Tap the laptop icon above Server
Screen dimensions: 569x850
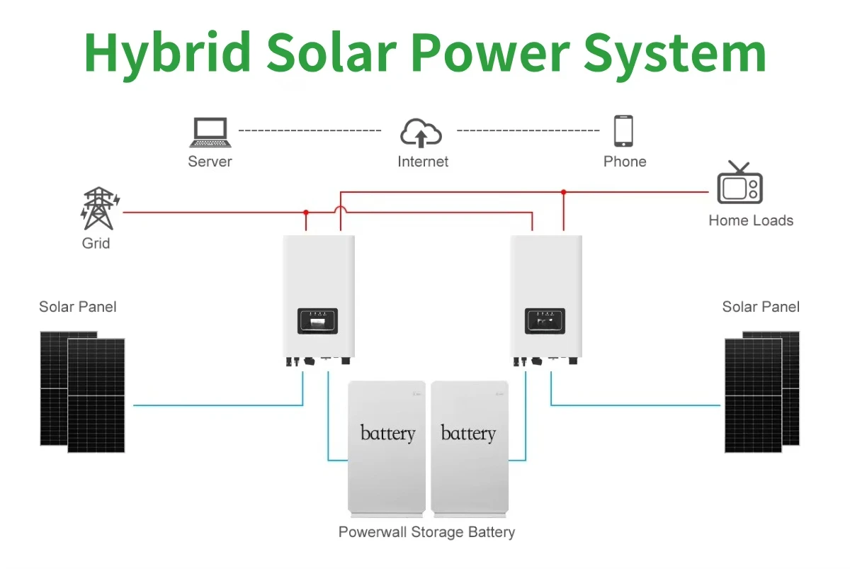(210, 132)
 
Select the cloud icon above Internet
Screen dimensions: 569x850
(422, 133)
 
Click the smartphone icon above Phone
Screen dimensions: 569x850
(623, 131)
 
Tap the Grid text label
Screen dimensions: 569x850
(96, 244)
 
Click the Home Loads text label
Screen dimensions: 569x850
(751, 220)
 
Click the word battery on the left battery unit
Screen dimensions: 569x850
(387, 433)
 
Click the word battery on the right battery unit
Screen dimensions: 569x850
(468, 433)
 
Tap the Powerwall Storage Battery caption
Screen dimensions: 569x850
(426, 532)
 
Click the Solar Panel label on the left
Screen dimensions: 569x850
(78, 307)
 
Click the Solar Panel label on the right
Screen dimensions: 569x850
(761, 307)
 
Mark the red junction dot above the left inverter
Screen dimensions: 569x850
(306, 212)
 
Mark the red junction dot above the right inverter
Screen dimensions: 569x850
(564, 192)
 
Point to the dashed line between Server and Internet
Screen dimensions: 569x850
(310, 131)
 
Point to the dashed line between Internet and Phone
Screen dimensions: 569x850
(528, 131)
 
